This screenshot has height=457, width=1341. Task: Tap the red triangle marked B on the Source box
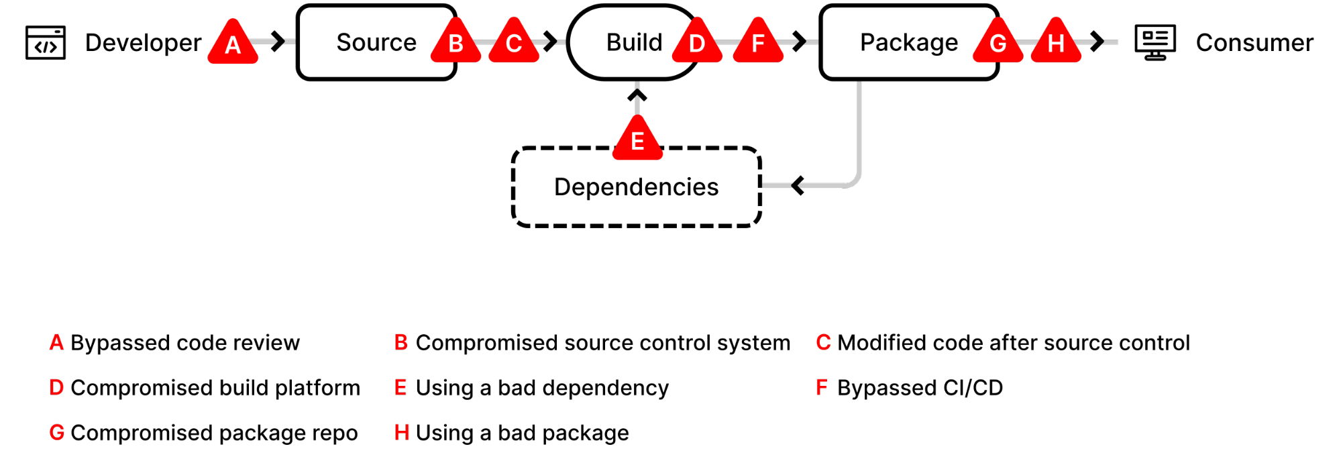point(455,43)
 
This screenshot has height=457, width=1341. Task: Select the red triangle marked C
point(514,43)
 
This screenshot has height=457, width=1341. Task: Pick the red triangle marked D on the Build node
point(697,43)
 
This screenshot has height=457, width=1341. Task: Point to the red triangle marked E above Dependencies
point(637,140)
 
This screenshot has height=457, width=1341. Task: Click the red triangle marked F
point(758,43)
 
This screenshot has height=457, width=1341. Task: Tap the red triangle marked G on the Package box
point(998,43)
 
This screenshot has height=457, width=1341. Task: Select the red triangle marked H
point(1056,43)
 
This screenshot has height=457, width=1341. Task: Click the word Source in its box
point(376,42)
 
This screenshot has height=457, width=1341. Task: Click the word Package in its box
point(908,42)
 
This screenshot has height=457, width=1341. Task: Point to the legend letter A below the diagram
point(56,342)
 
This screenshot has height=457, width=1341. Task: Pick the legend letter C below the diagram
point(823,342)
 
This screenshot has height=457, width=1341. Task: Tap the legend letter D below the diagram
point(56,387)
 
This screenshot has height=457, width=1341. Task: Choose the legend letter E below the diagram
point(400,387)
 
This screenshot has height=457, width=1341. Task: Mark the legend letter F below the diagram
point(822,387)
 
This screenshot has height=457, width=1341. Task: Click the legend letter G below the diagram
point(57,432)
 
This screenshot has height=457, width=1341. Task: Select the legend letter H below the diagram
point(402,432)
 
